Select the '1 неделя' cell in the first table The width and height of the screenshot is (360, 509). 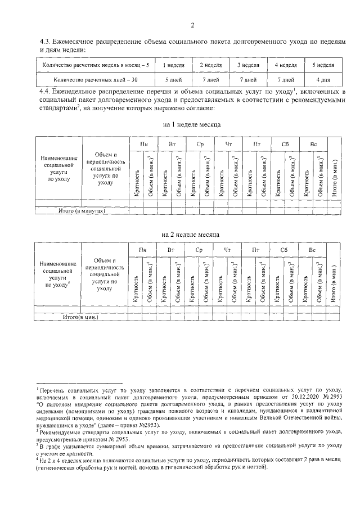(x=167, y=65)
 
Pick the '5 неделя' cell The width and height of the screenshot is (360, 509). (x=322, y=65)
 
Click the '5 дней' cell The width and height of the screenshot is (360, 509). (x=167, y=79)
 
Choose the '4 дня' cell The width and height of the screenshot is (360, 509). (x=322, y=79)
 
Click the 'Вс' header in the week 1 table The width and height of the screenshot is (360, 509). (x=313, y=145)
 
